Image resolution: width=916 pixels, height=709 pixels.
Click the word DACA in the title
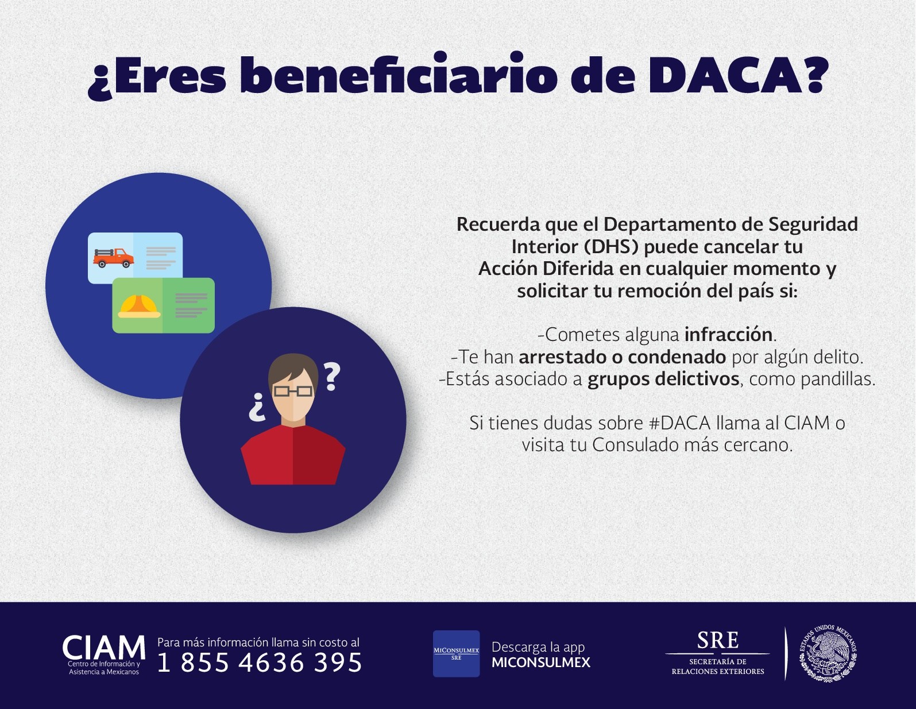[x=724, y=75]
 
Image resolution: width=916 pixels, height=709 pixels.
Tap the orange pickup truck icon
[x=113, y=257]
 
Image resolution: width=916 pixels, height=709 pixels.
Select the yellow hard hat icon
[x=138, y=306]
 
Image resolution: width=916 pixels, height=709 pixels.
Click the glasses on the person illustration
[x=293, y=391]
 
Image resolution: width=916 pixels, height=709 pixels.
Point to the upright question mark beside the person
[x=332, y=377]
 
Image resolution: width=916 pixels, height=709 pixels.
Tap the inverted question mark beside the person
[x=257, y=407]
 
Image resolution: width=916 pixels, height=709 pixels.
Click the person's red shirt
[x=293, y=455]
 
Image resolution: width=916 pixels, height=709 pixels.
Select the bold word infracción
[x=728, y=335]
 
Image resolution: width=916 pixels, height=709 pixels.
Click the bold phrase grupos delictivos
[x=663, y=379]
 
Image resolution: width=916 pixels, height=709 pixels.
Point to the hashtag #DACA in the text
[x=680, y=423]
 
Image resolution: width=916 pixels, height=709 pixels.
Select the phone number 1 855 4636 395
[x=259, y=662]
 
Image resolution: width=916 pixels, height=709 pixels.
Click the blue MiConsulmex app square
[x=456, y=654]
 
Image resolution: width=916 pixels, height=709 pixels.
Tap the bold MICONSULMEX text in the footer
[x=541, y=662]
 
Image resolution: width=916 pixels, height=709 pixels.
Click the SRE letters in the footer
[x=717, y=641]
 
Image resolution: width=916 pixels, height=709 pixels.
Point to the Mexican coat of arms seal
[x=828, y=653]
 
